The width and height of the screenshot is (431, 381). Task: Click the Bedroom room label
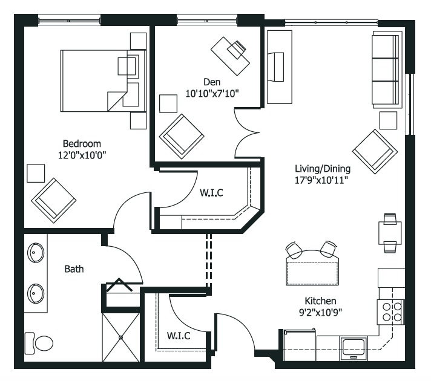[82, 144]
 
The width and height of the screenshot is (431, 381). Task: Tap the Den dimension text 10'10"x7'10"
[212, 94]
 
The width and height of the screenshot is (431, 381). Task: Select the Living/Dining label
[323, 169]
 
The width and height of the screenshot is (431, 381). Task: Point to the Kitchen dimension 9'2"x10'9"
[320, 313]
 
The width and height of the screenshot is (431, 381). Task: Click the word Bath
[74, 269]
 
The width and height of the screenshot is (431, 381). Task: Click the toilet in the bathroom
[39, 343]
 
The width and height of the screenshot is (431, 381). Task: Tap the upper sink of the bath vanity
[36, 252]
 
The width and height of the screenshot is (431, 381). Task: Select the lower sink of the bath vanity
[36, 293]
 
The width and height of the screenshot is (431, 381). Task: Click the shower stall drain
[120, 337]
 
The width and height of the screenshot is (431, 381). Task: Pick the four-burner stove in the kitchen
[390, 312]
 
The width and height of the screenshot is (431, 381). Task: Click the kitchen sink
[354, 348]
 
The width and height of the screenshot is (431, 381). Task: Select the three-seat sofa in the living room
[386, 70]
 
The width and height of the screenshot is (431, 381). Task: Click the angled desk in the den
[231, 56]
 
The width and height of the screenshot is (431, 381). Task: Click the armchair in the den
[182, 137]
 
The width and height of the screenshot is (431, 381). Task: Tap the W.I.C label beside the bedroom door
[211, 192]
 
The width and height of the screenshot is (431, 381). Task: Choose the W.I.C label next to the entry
[179, 336]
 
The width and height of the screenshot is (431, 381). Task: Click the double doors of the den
[247, 133]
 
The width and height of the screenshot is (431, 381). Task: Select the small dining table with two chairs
[390, 233]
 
